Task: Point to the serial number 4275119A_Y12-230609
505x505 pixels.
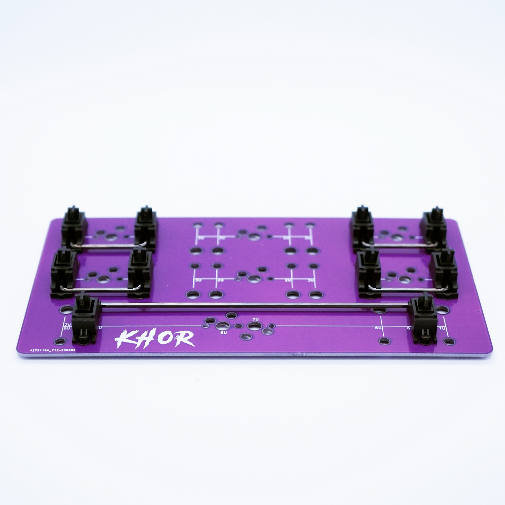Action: pyautogui.click(x=52, y=350)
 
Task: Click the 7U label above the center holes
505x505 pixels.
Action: pyautogui.click(x=255, y=319)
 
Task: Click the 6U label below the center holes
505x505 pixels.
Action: pyautogui.click(x=224, y=332)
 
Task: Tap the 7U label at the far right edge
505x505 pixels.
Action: pyautogui.click(x=442, y=328)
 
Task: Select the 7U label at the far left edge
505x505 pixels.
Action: pyautogui.click(x=67, y=325)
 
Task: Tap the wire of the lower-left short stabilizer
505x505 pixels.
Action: pyautogui.click(x=101, y=289)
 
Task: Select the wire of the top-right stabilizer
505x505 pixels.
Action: pyautogui.click(x=398, y=245)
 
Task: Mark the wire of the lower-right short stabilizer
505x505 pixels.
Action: pyautogui.click(x=407, y=289)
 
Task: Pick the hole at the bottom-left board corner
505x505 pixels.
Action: pyautogui.click(x=60, y=341)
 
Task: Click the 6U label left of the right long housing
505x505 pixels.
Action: pyautogui.click(x=378, y=328)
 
